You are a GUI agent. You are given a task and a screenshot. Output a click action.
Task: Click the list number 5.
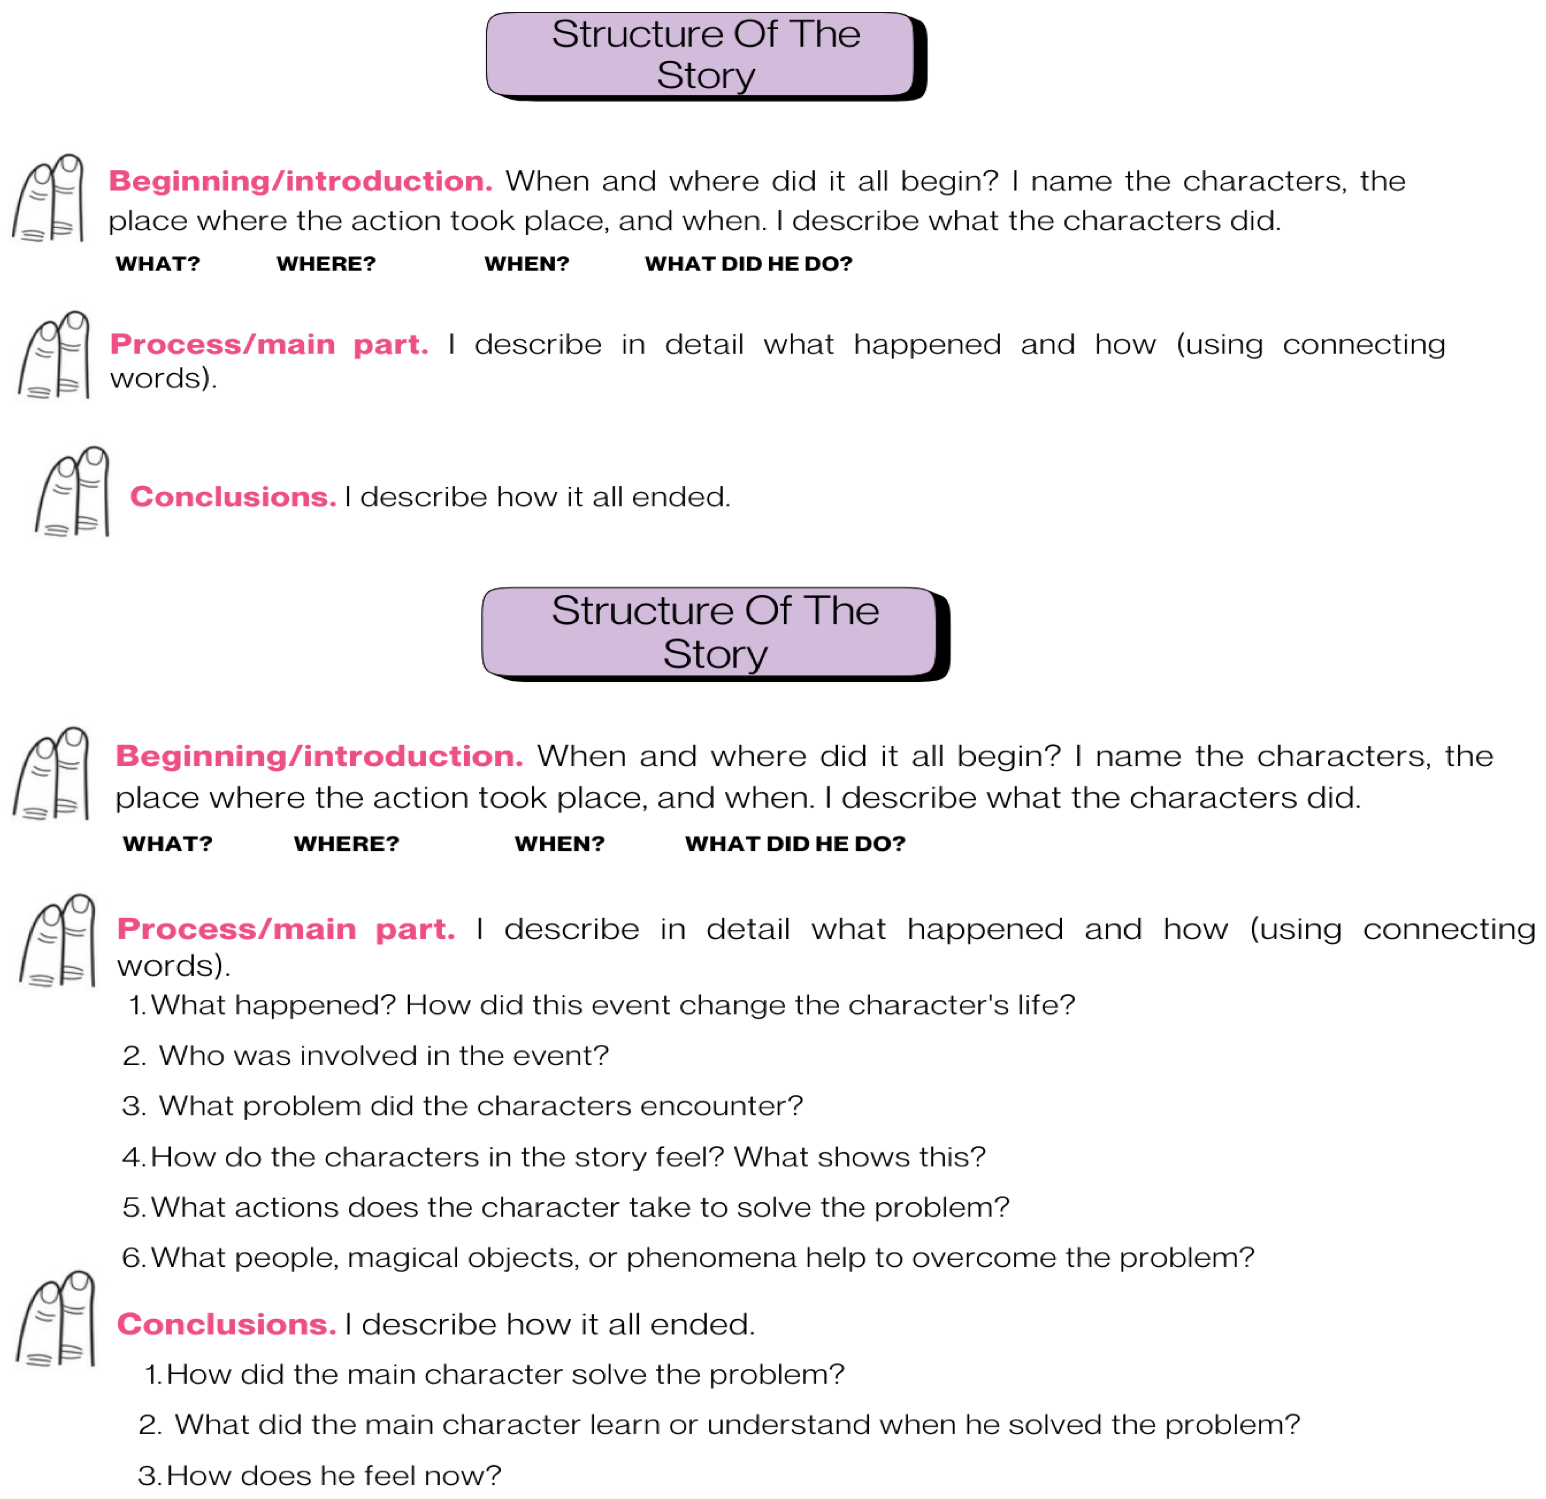click(x=132, y=1207)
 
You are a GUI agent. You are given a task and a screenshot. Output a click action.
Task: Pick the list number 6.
click(x=132, y=1258)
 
